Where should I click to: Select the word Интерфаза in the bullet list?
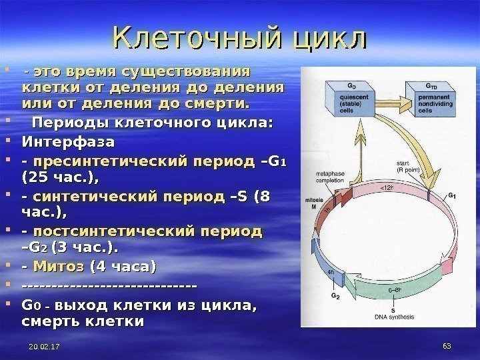(x=69, y=142)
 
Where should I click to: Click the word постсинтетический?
(x=148, y=231)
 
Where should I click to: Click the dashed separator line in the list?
(x=109, y=287)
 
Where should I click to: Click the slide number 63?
(x=447, y=347)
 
